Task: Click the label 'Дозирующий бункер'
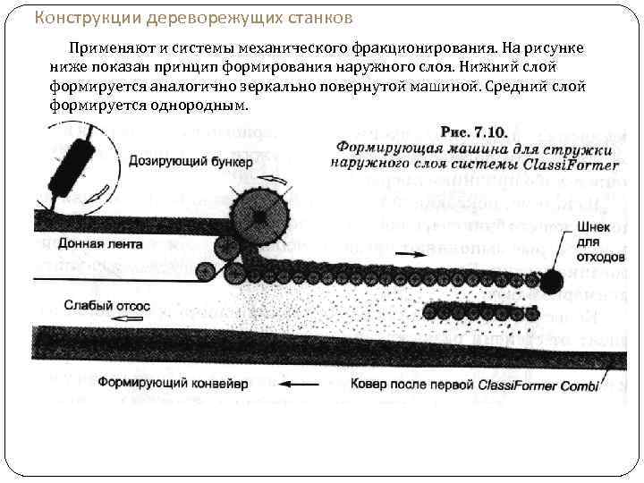point(191,162)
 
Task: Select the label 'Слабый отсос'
point(107,306)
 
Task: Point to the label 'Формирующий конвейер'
point(179,384)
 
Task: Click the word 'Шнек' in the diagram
point(593,228)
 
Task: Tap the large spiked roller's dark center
point(260,216)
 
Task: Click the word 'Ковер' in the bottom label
point(369,384)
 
